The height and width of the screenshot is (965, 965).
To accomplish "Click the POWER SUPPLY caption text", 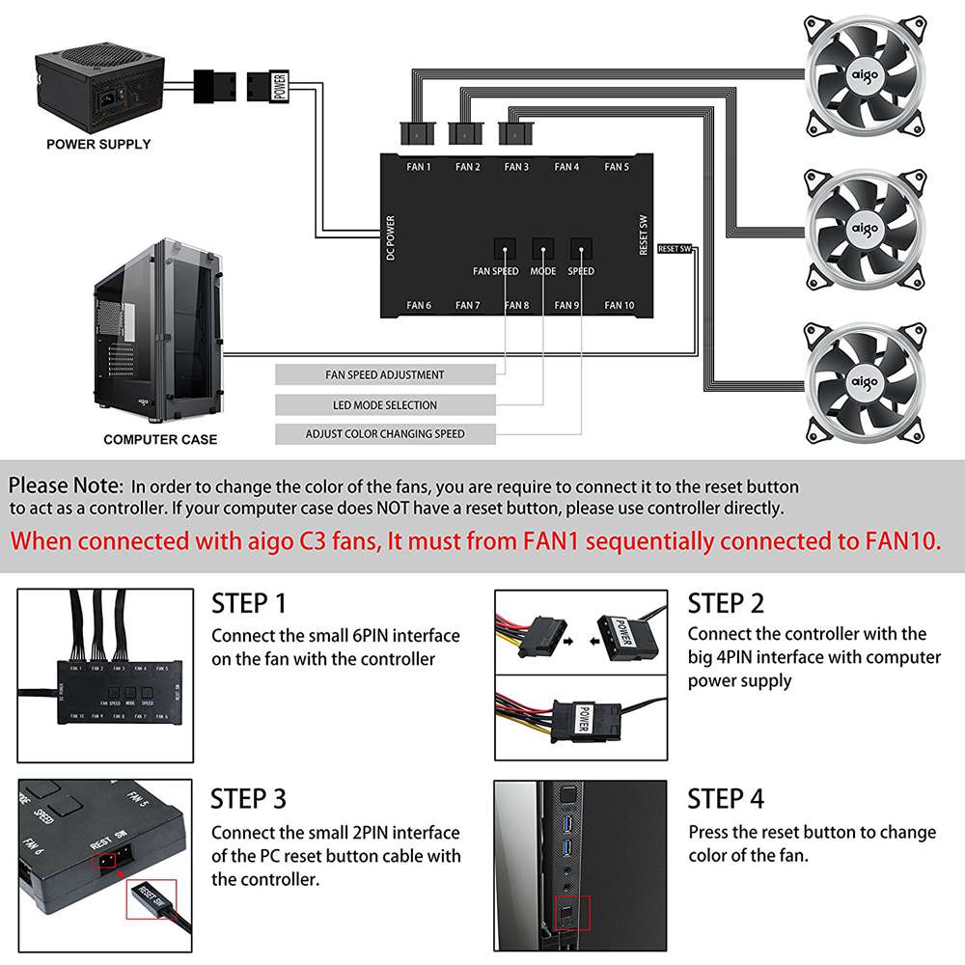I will [x=99, y=144].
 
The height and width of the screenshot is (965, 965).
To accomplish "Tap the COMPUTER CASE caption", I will [x=160, y=439].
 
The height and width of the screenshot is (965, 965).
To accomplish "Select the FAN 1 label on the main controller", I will [x=419, y=167].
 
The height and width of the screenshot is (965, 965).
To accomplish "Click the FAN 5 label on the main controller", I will [x=617, y=167].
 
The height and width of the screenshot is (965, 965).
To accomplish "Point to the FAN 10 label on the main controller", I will [x=620, y=306].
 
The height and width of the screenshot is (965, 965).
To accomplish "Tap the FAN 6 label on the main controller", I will [x=419, y=306].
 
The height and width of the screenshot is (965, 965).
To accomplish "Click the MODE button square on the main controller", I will [x=543, y=248].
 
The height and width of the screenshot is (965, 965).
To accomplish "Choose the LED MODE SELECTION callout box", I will [x=385, y=405].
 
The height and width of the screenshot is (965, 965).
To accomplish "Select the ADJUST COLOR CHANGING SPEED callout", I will [x=385, y=434].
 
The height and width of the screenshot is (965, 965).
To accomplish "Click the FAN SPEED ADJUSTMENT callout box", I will [x=385, y=374].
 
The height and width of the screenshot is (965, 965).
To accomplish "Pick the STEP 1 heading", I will [x=249, y=604].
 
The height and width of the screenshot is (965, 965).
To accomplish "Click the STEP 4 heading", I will [x=726, y=799].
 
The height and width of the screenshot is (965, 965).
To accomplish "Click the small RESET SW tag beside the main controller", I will [x=675, y=249].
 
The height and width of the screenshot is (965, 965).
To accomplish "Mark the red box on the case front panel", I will [x=571, y=911].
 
